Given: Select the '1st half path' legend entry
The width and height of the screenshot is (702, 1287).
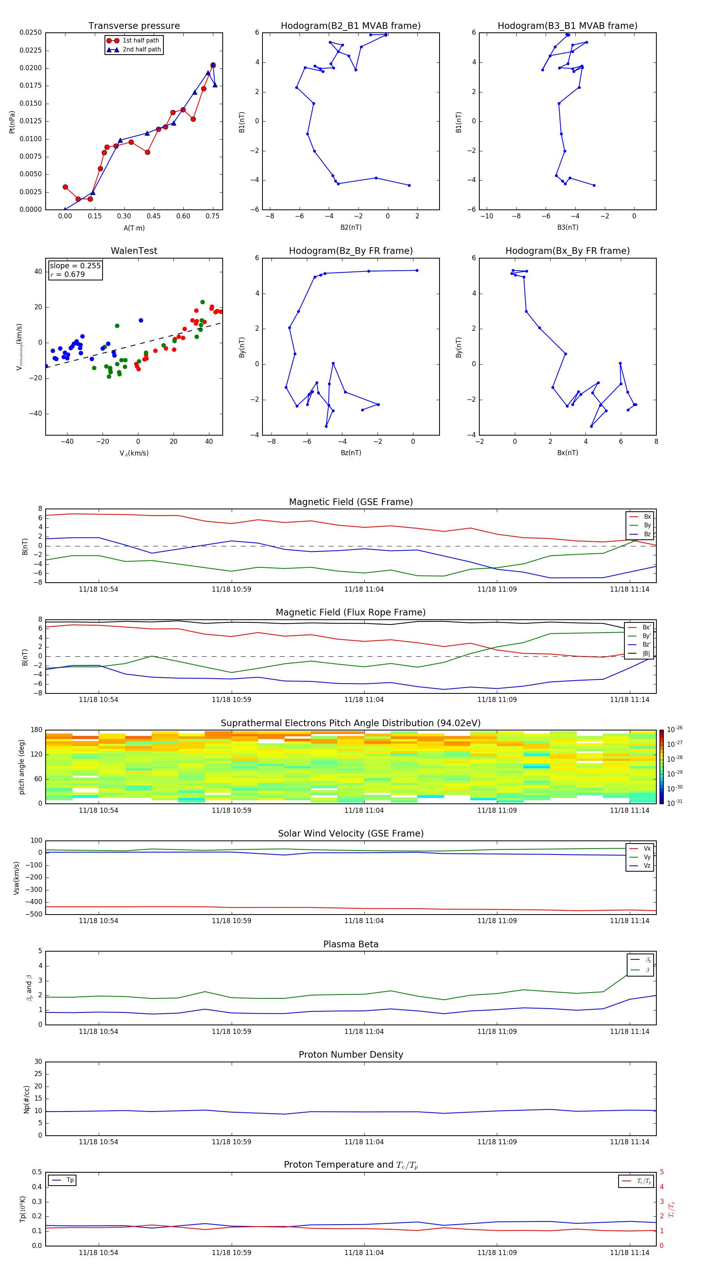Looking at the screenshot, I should [140, 41].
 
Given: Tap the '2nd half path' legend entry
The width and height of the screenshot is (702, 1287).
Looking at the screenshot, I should [142, 50].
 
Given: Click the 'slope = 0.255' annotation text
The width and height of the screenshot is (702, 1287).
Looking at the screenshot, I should [75, 266].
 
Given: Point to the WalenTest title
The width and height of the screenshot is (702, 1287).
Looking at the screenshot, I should [134, 251].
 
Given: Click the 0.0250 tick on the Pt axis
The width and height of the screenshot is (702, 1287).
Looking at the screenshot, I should [30, 32].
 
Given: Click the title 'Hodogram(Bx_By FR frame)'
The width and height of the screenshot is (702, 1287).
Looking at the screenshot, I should [567, 251].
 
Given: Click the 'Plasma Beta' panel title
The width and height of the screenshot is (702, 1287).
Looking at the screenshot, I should [351, 944].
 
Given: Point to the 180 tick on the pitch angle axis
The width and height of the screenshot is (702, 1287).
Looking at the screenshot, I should [37, 730].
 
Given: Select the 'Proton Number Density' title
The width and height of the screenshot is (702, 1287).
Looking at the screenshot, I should [351, 1055].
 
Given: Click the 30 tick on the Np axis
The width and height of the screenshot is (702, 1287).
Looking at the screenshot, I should [38, 1062].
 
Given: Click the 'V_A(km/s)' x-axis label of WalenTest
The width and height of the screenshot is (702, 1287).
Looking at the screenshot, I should [134, 453].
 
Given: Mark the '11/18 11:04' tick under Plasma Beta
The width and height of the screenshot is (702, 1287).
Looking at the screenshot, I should [364, 1031].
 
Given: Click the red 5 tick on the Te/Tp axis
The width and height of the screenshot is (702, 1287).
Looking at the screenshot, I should [661, 1172].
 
